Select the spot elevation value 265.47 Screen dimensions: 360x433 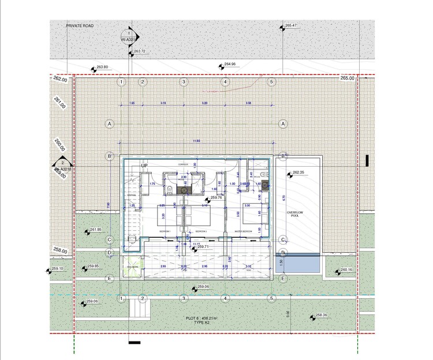290,26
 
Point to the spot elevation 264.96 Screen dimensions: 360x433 230,64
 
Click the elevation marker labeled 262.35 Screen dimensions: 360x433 298,173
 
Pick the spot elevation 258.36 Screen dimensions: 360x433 322,315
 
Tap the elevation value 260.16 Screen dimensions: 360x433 346,269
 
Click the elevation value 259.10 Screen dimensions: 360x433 58,269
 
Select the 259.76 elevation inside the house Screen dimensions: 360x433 216,198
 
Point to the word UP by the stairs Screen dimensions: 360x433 145,166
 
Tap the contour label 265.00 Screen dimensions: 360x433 348,78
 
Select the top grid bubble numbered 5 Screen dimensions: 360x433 271,82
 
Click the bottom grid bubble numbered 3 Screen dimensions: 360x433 184,298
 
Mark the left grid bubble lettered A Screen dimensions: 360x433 109,123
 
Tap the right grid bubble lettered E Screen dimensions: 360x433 283,279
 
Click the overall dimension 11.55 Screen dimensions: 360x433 196,141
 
